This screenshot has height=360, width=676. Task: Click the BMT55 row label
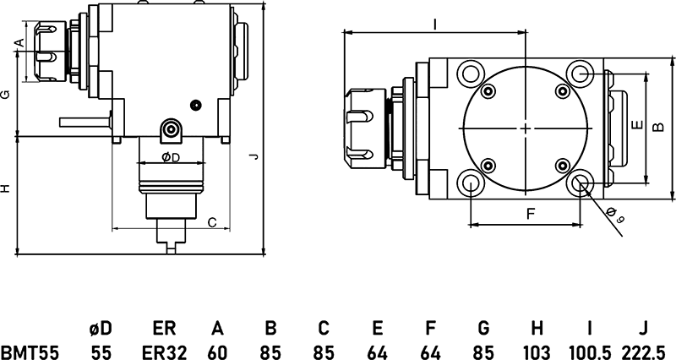[30, 352]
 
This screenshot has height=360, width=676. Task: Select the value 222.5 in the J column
[644, 352]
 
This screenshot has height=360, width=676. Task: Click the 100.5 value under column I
[589, 352]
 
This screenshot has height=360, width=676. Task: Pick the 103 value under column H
[537, 352]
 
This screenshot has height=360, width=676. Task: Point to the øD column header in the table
[101, 327]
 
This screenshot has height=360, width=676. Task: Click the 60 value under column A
[217, 352]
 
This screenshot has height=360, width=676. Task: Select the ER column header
[163, 327]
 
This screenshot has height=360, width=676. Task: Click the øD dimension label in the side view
[170, 158]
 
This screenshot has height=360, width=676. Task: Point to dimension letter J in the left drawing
[253, 157]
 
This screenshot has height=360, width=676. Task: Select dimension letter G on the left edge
[6, 95]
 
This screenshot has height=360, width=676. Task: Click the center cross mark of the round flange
[526, 128]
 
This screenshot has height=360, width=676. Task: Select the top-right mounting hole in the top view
[580, 73]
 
